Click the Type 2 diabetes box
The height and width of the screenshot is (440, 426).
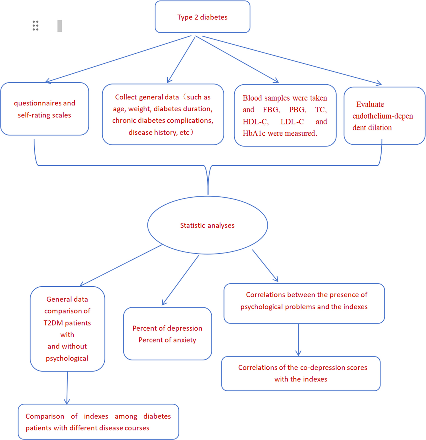click(202, 17)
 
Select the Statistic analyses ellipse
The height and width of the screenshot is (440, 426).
click(207, 225)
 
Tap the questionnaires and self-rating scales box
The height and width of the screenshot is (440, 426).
click(45, 109)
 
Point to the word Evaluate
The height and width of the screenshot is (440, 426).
click(370, 104)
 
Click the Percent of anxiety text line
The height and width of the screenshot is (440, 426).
click(167, 340)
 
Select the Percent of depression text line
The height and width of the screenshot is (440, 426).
click(167, 328)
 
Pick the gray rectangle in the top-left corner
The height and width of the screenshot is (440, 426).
click(60, 26)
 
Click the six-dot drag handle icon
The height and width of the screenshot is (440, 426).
click(36, 26)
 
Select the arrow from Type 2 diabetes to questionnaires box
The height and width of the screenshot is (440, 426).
click(118, 59)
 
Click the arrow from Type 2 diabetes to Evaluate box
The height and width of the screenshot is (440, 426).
click(291, 60)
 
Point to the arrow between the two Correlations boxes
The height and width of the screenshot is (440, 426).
click(298, 340)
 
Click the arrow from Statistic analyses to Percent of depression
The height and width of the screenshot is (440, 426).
click(180, 280)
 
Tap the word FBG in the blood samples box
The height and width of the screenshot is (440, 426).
click(271, 110)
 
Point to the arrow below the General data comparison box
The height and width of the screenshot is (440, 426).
click(67, 388)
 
